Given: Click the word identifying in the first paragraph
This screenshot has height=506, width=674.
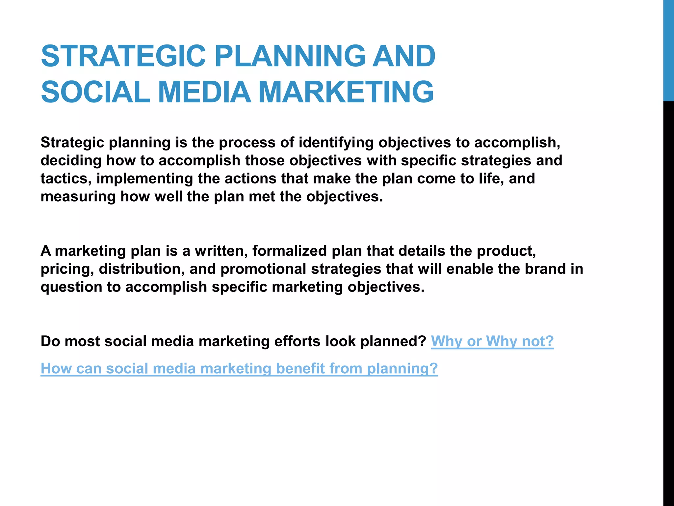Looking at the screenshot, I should pos(336,143).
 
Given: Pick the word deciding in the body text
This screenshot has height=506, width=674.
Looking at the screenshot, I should pos(71,161).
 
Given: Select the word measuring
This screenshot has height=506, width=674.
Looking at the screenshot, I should pos(78,197).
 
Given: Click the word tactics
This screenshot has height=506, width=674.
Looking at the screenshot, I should pos(65,179).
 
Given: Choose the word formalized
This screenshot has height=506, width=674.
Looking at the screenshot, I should pos(289,251).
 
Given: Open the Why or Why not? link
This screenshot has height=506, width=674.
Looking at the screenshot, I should pos(492,341).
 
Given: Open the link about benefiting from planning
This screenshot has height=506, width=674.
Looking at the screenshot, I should pos(239,368).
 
